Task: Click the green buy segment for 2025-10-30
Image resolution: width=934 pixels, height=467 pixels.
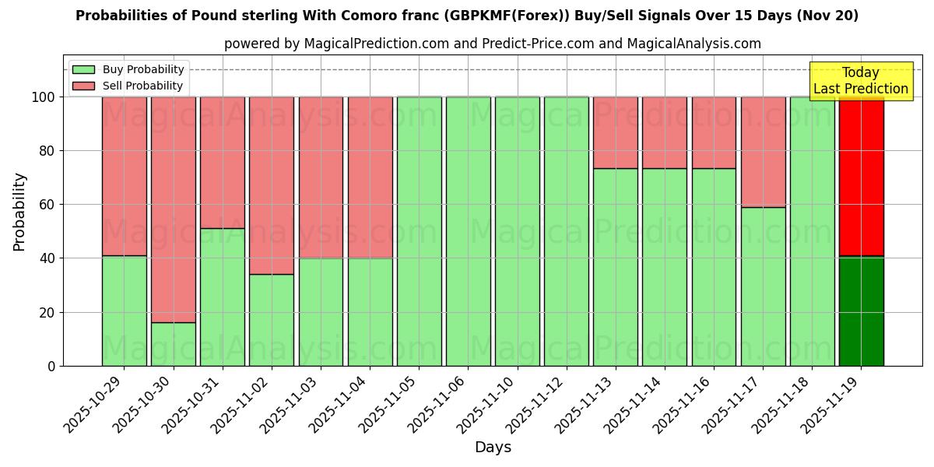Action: [x=173, y=344]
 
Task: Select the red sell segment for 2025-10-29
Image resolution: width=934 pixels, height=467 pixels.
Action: [x=124, y=176]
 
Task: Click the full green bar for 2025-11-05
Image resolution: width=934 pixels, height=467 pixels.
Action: [x=419, y=231]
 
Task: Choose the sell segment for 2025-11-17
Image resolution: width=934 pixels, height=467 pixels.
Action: [x=763, y=152]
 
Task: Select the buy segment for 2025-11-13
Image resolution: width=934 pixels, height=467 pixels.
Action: [x=615, y=267]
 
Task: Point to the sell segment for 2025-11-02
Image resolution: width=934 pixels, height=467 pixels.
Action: [x=272, y=185]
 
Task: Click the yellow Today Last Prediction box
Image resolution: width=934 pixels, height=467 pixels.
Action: [x=860, y=81]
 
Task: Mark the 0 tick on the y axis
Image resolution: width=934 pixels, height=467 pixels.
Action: [x=51, y=366]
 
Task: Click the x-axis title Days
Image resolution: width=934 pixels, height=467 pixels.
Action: [x=493, y=448]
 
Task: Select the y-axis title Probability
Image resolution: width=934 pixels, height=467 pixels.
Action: [x=19, y=212]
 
